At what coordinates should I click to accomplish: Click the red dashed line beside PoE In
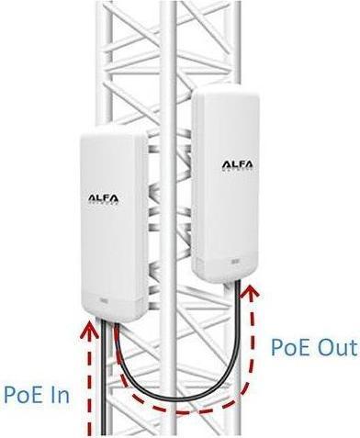(88, 386)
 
